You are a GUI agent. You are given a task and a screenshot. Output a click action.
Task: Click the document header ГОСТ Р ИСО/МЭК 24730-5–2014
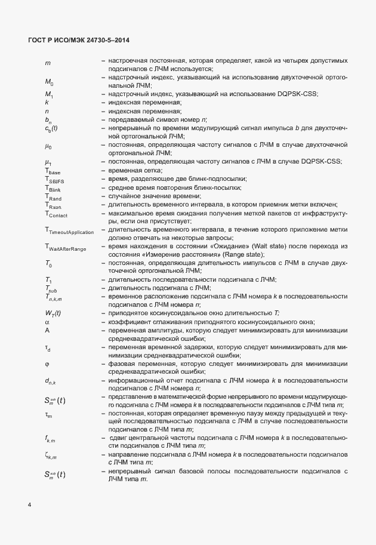(x=79, y=41)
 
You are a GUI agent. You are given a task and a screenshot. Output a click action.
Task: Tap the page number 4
(x=30, y=506)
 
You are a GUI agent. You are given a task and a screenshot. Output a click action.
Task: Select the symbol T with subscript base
(x=53, y=171)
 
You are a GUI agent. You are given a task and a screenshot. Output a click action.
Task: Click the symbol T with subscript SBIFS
(x=54, y=180)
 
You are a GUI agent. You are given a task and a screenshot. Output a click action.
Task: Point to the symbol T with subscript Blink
(x=53, y=188)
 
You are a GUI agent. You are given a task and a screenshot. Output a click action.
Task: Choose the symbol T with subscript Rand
(x=53, y=196)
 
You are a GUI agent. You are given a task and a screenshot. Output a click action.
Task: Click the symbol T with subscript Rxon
(x=53, y=205)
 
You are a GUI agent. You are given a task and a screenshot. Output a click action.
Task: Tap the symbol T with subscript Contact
(x=56, y=213)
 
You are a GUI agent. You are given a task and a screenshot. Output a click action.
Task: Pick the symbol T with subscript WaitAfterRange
(x=64, y=247)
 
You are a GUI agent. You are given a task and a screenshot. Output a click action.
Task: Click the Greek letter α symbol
(x=47, y=321)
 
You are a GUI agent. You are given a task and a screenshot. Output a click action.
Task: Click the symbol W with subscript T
(x=53, y=313)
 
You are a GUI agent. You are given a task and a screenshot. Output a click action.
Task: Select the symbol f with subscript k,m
(x=50, y=438)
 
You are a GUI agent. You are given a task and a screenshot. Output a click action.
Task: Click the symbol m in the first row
(x=47, y=62)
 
